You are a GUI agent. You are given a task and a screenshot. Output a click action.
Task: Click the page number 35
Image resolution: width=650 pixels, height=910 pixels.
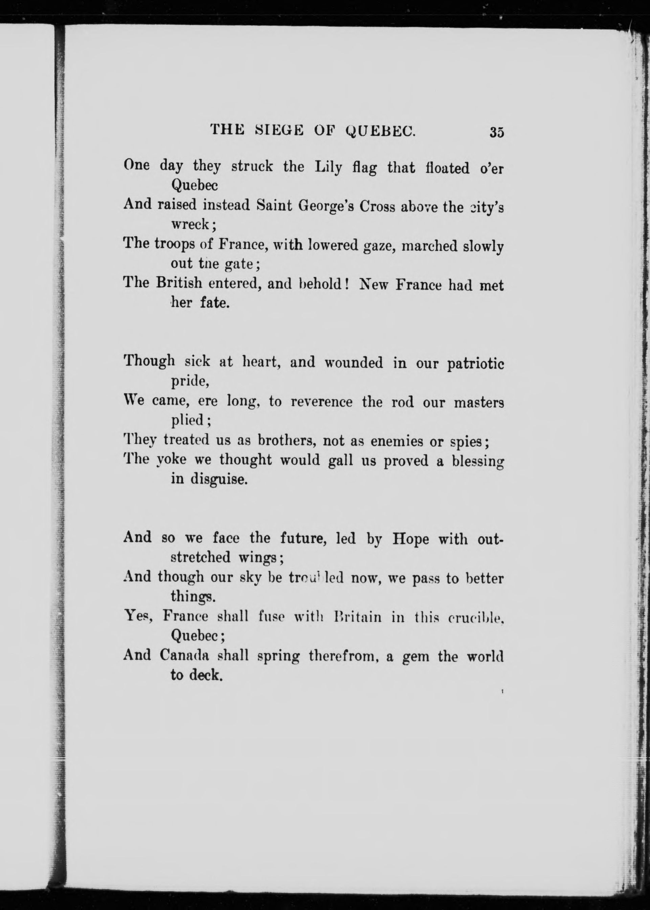[x=496, y=132]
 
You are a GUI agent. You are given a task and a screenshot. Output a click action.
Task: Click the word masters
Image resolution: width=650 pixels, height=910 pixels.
[x=479, y=403]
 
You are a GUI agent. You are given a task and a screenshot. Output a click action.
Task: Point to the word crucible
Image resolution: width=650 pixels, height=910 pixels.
[x=474, y=617]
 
